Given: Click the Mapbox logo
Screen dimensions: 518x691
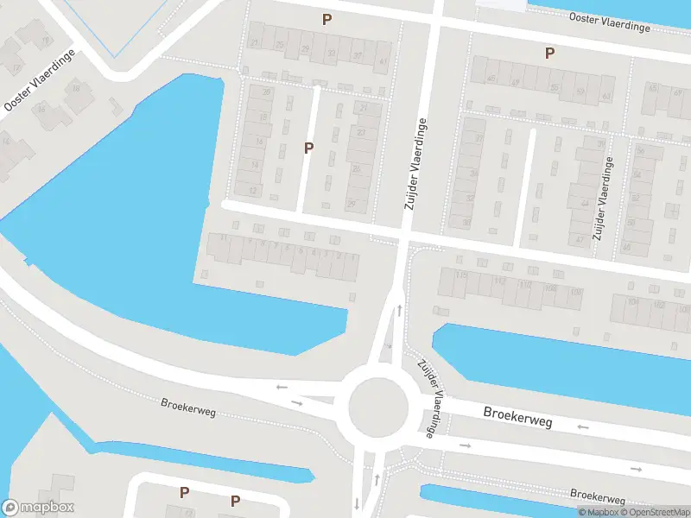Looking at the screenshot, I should (38, 508).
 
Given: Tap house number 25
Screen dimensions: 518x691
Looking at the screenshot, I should (280, 45).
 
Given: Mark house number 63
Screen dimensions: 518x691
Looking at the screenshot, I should (606, 96).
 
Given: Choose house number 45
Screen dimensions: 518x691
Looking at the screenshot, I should (491, 79).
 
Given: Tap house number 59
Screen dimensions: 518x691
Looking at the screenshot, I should (580, 91).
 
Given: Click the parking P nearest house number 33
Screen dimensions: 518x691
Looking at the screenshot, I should (326, 19).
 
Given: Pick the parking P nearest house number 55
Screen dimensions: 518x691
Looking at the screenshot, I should (549, 54).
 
